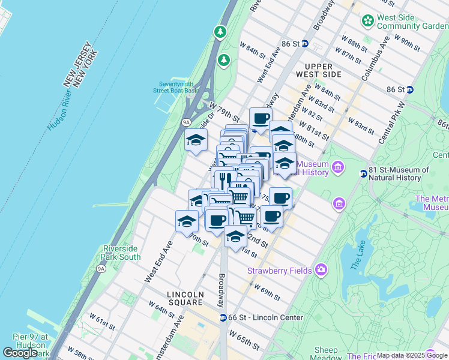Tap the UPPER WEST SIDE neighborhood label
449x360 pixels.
click(322, 70)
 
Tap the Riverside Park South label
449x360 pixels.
click(122, 253)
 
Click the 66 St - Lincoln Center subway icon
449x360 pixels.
click(223, 317)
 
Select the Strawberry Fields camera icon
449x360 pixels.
click(321, 270)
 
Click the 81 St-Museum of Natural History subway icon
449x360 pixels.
click(363, 174)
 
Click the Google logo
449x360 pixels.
click(20, 353)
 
